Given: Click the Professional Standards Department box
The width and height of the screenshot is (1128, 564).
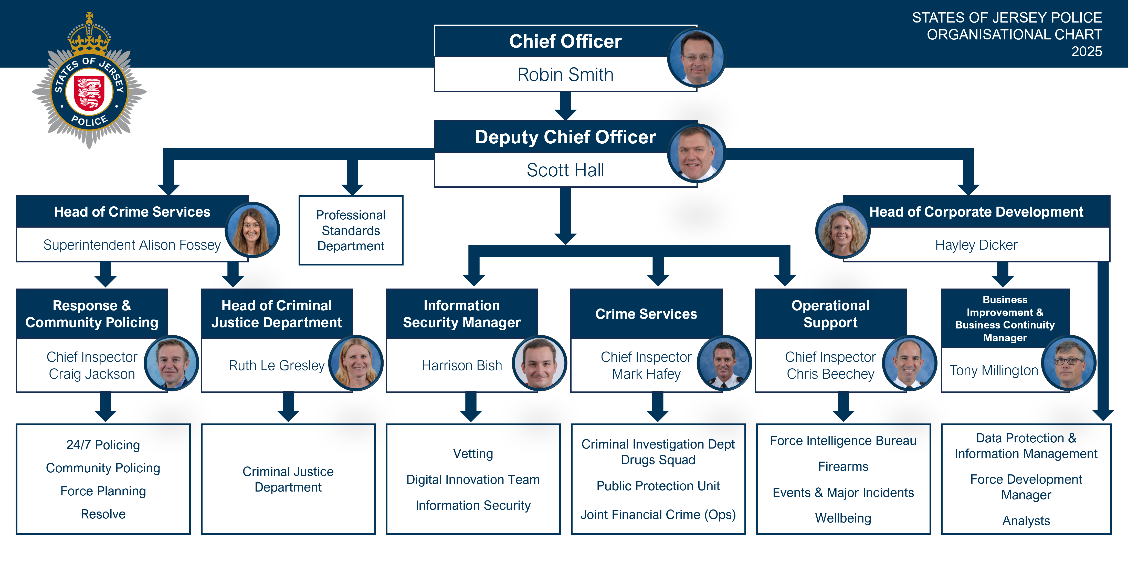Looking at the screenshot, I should [351, 230].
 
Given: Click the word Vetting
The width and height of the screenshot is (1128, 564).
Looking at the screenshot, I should [473, 454].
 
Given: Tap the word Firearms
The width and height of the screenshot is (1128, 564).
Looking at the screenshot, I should [843, 466].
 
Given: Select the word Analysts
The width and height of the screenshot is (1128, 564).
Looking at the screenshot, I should [1026, 521].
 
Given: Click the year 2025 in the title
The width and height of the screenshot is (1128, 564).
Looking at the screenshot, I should [1087, 52].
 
